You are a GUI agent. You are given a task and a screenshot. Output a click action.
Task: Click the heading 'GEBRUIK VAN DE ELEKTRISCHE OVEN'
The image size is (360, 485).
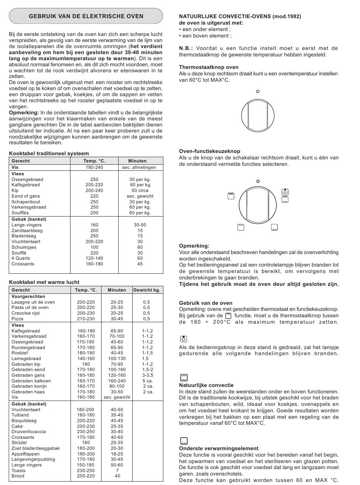pos(86,16)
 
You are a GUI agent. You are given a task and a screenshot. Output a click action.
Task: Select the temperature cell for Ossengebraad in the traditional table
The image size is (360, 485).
pos(94,179)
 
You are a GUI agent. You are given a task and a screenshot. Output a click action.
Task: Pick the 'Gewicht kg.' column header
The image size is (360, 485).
pos(147,290)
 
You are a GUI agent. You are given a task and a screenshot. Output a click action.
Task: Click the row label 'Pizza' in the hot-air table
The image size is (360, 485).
pos(17,319)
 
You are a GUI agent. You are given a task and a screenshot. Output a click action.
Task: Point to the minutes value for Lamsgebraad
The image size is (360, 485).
pos(117,359)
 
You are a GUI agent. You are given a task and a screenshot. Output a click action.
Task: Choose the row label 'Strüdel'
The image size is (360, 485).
pos(19,443)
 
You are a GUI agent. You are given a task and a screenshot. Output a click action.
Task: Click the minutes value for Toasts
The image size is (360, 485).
pos(117,471)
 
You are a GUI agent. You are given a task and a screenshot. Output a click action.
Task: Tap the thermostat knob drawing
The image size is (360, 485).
pos(258,115)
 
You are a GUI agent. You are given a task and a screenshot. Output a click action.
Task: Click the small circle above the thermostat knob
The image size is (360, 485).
pos(258,91)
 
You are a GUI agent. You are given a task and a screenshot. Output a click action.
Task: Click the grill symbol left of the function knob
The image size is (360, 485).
pos(231,196)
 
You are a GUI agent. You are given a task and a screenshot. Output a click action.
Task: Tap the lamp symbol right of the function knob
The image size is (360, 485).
pos(285,192)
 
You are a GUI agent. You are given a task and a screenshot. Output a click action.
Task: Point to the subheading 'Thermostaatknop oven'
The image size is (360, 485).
pos(209,67)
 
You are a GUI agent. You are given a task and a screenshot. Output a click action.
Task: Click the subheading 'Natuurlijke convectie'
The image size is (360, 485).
pos(206,385)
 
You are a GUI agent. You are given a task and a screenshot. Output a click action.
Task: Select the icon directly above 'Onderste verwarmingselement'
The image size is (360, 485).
pos(184,441)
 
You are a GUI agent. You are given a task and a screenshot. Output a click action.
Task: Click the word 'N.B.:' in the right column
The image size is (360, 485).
pos(186,48)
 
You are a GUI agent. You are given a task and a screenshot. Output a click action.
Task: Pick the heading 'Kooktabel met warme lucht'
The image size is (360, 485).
pos(44,282)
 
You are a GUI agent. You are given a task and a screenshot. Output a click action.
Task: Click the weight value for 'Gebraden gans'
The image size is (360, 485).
pos(148,375)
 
